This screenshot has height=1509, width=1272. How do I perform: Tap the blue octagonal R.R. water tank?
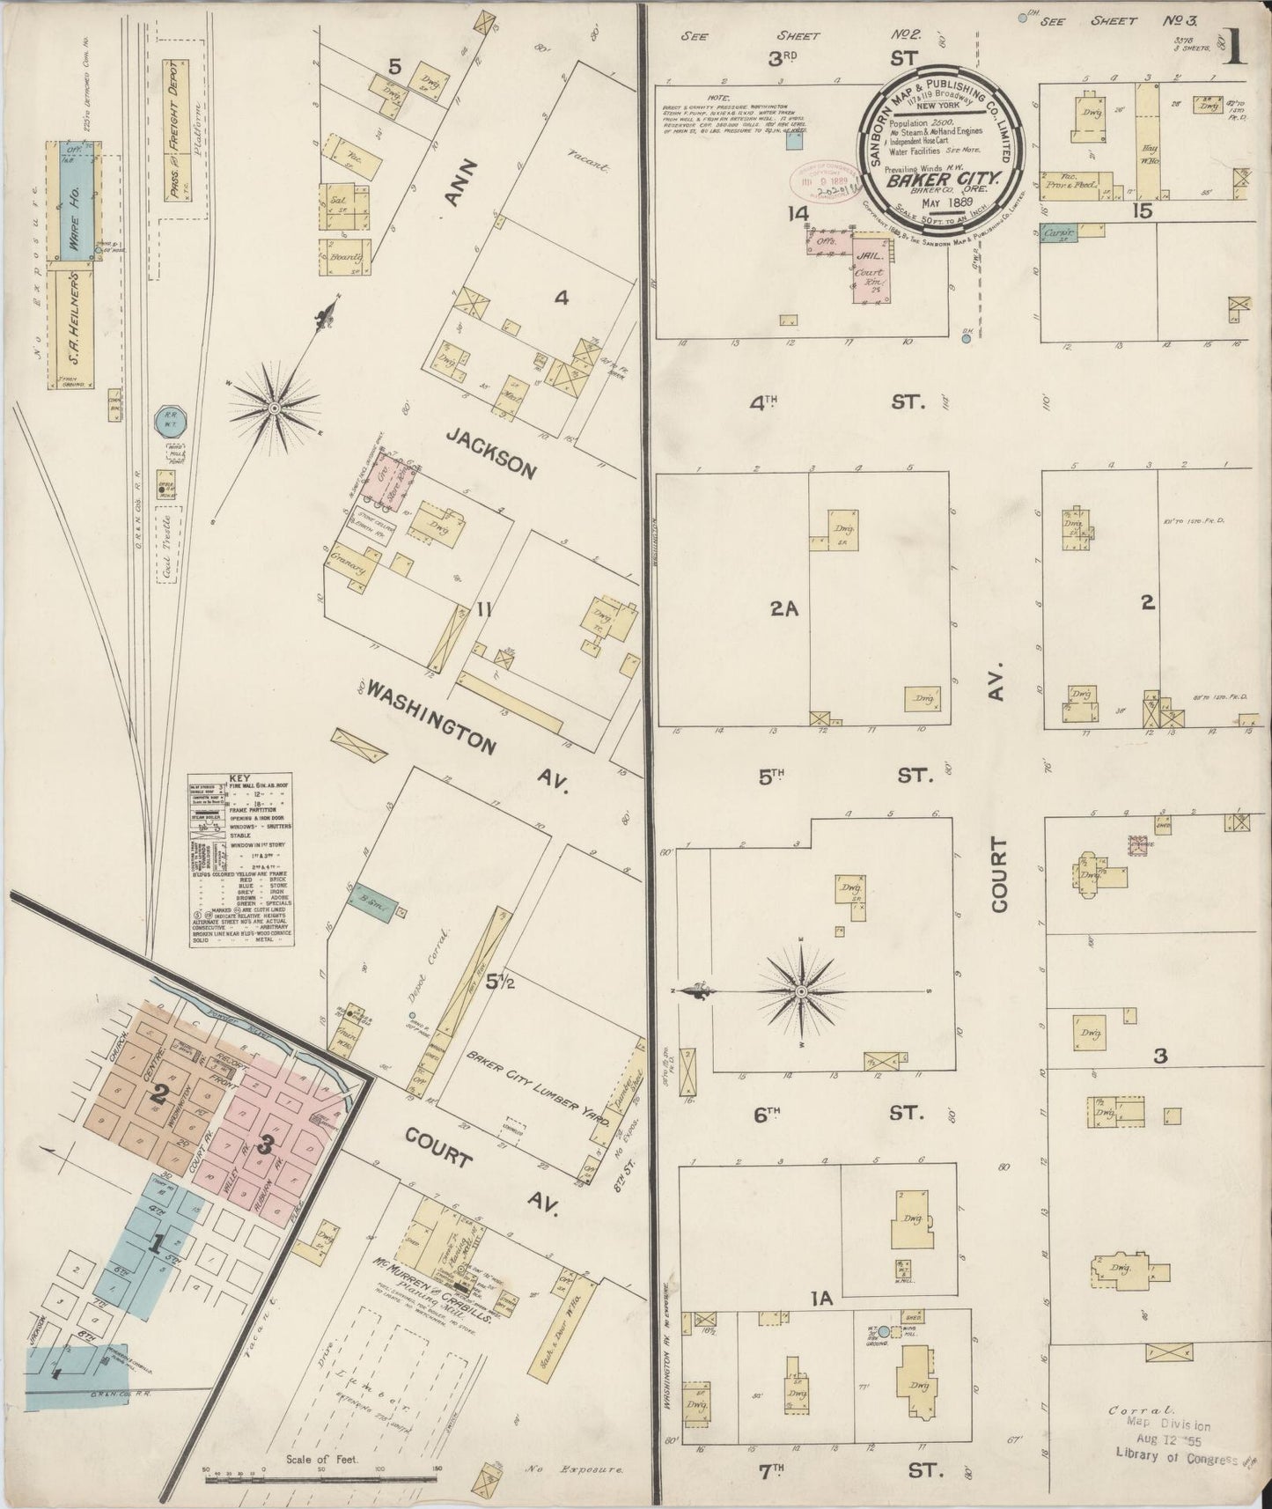coord(168,422)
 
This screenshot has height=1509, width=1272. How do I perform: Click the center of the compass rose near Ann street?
coord(275,408)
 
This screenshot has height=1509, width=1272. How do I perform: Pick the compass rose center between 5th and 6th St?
coord(801,992)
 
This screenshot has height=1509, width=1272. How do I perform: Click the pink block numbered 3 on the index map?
coord(263,1146)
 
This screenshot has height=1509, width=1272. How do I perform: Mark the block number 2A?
coord(783,607)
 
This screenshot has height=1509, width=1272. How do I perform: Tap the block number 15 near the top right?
coord(1143,211)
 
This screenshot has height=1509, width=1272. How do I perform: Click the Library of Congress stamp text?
coord(1176,1454)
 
